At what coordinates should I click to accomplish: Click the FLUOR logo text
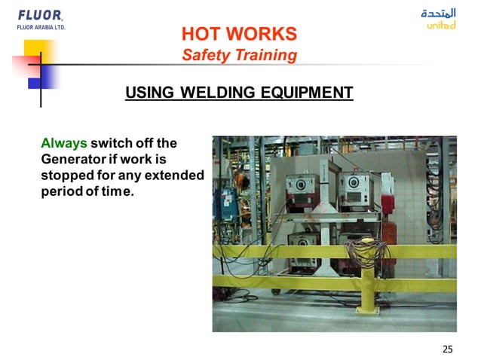coord(40,15)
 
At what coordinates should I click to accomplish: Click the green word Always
coord(64,143)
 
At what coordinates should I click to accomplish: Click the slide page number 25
coord(448,349)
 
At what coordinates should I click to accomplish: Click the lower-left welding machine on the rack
coord(305,252)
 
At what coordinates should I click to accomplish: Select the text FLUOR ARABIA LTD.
coord(41,27)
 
